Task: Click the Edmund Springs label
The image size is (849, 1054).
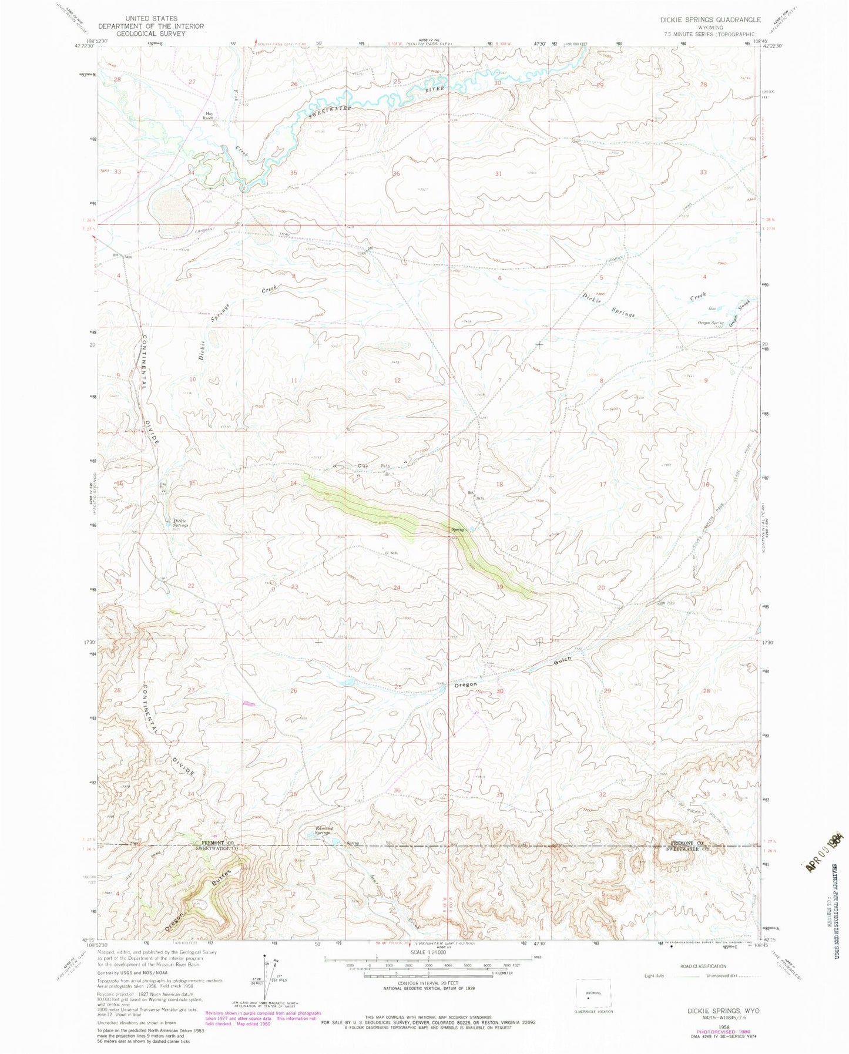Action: (x=323, y=830)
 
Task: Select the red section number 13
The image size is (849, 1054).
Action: (x=397, y=484)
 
